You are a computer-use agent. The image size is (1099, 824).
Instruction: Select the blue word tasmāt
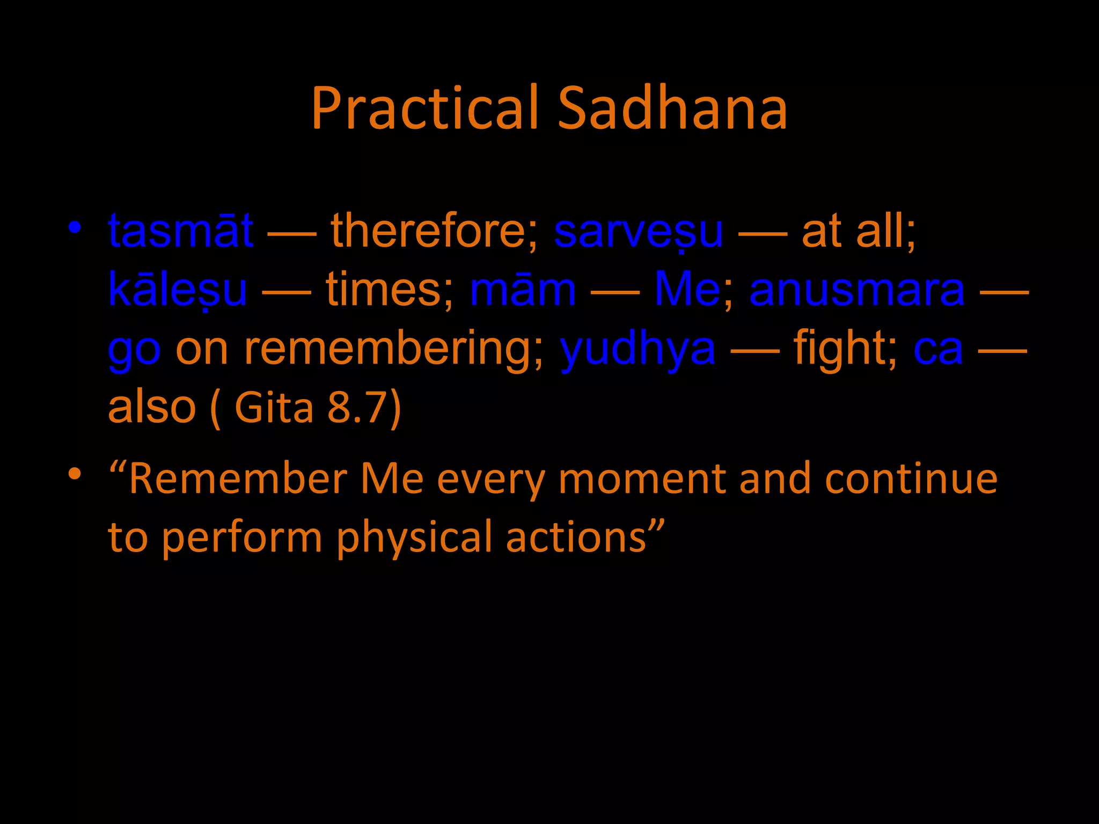tap(181, 231)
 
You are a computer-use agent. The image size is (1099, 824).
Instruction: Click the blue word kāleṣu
tap(178, 290)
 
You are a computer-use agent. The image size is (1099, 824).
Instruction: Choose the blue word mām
tap(523, 290)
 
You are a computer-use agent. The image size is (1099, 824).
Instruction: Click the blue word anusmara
tap(857, 290)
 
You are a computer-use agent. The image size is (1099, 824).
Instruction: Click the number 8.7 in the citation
tap(357, 407)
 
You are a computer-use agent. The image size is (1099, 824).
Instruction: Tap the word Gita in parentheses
tap(274, 407)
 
